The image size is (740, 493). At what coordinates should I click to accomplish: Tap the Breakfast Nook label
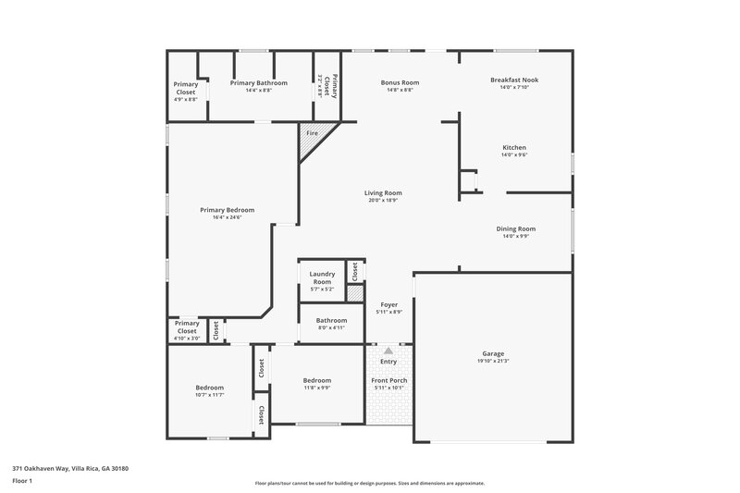point(514,80)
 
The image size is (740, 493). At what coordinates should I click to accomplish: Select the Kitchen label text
point(514,148)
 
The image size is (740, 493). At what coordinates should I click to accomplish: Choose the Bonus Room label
point(401,82)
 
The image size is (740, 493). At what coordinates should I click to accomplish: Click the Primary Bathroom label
point(258,82)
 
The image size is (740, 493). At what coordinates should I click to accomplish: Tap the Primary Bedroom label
point(227,210)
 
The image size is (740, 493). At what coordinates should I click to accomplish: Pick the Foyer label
point(388,304)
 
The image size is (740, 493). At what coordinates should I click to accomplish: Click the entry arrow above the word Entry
point(388,351)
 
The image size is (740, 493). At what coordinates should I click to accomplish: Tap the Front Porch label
point(388,380)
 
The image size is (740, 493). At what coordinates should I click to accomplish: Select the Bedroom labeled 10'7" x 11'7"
point(209,388)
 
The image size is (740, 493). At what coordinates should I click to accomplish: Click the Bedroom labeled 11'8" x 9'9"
point(317,380)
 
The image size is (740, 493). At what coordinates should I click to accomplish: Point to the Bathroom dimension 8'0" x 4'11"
point(331,327)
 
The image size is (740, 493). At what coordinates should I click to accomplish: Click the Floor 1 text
point(22,482)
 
